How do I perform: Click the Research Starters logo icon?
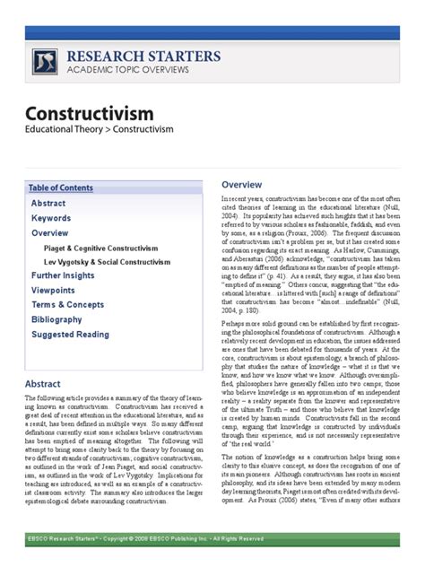(x=45, y=62)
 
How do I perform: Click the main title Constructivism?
(x=89, y=114)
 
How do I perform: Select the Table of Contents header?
(x=60, y=188)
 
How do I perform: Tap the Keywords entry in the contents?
(x=51, y=218)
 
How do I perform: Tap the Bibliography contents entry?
(x=57, y=319)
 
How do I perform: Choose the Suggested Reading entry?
(x=71, y=335)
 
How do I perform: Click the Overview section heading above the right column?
(x=241, y=185)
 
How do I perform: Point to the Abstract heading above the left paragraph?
(x=43, y=383)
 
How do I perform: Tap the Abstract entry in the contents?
(x=48, y=204)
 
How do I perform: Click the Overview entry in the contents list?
(x=50, y=232)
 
